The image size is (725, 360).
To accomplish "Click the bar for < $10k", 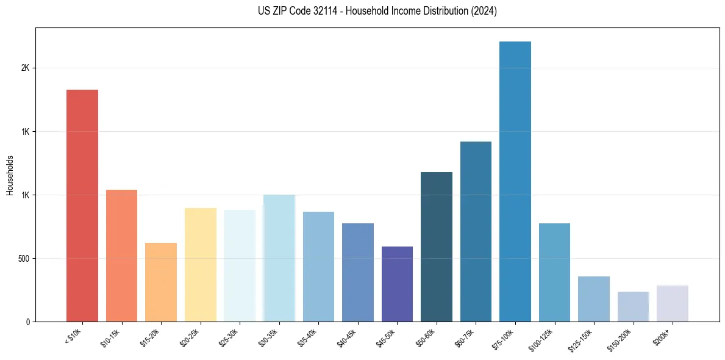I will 82,206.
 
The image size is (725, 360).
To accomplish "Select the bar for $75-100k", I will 515,181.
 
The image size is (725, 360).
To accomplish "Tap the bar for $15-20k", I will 161,282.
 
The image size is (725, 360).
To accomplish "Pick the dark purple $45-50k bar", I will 397,284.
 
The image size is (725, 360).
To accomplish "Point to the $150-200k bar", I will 633,306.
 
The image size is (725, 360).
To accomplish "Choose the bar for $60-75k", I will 476,231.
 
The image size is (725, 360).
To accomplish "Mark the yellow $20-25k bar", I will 200,265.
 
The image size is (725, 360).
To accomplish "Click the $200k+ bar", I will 673,303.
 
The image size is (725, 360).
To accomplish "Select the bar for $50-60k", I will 437,247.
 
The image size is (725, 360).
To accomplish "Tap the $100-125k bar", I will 554,272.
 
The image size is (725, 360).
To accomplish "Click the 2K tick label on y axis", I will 25,68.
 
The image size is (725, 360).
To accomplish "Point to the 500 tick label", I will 23,259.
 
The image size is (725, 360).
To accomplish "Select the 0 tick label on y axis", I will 27,322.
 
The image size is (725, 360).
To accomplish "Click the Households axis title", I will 10,175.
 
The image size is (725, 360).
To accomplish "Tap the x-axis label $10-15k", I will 110,337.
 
